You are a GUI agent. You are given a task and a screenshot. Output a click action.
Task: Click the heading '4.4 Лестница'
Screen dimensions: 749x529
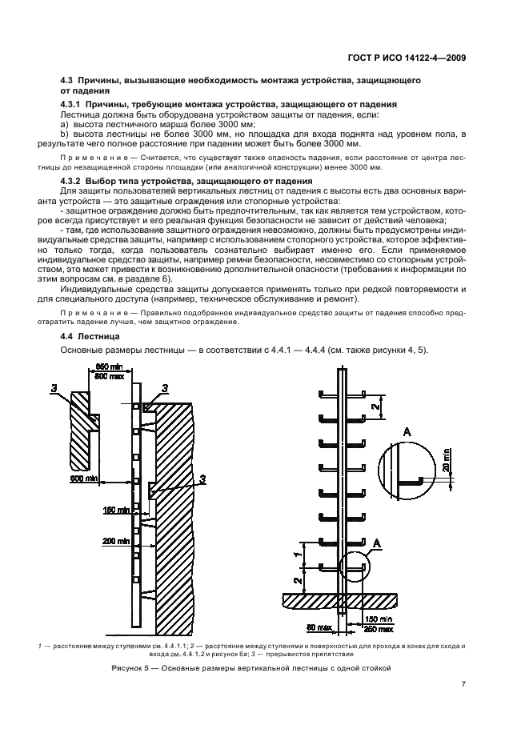coord(89,336)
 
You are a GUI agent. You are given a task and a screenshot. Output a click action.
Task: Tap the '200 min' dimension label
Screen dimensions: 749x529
coord(116,541)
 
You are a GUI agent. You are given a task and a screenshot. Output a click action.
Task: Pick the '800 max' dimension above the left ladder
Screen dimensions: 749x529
coord(108,375)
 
